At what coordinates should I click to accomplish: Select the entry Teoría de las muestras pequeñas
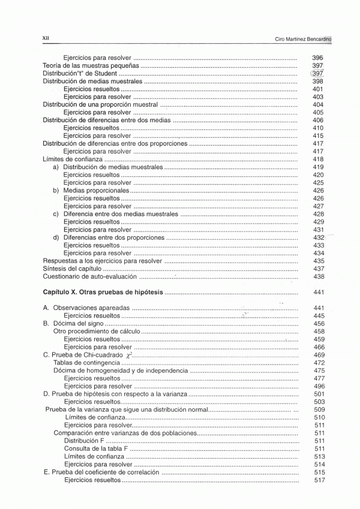[x=91, y=65]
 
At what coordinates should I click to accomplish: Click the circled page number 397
[x=318, y=73]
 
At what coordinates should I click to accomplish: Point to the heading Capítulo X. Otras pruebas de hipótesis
[x=103, y=292]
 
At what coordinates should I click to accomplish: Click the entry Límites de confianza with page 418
[x=73, y=159]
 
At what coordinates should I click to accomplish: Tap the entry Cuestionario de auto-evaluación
[x=90, y=277]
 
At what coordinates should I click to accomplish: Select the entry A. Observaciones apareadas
[x=86, y=308]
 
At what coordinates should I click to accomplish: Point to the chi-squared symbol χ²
[x=128, y=355]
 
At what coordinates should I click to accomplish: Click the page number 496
[x=319, y=386]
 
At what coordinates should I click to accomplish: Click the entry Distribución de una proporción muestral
[x=100, y=104]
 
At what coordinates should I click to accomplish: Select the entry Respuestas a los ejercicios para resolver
[x=103, y=261]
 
